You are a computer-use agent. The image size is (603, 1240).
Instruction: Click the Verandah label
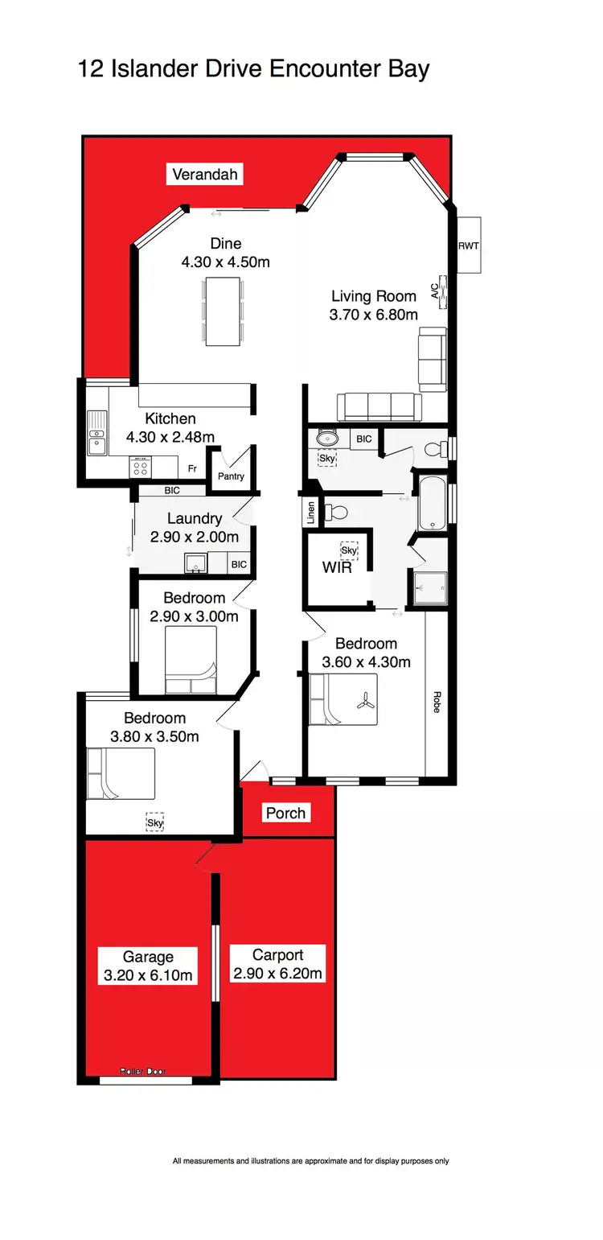[x=204, y=174]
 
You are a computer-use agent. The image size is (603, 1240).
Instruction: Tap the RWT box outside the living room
[x=468, y=245]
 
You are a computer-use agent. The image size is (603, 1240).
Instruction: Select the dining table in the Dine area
[x=224, y=311]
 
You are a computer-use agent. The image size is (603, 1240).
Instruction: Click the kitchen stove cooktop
[x=141, y=467]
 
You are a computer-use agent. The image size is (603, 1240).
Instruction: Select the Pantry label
[x=231, y=476]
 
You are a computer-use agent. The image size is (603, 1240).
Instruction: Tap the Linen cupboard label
[x=310, y=513]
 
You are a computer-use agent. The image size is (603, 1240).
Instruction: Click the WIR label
[x=336, y=566]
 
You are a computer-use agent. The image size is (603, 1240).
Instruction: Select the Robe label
[x=437, y=702]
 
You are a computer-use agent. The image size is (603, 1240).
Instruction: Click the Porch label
[x=286, y=813]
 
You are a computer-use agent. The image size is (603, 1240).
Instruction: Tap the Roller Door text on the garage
[x=143, y=1071]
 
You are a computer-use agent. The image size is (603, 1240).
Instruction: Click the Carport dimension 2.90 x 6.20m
[x=277, y=974]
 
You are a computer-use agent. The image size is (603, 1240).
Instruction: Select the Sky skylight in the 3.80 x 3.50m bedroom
[x=154, y=822]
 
